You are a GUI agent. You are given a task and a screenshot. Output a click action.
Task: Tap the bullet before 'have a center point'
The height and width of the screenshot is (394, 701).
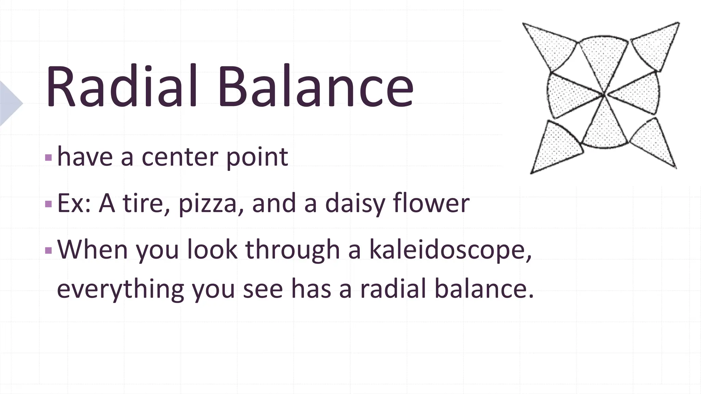48,158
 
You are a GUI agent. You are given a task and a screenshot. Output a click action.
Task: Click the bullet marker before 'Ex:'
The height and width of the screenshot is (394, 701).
48,205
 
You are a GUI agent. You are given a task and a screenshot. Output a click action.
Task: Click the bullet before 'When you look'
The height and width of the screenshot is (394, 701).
48,251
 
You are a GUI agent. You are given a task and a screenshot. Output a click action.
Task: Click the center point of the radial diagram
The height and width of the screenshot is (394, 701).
603,94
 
